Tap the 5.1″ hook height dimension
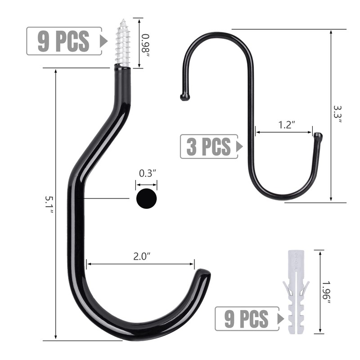[x=49, y=205]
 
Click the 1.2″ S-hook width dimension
[x=286, y=125]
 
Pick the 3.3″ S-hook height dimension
[x=337, y=114]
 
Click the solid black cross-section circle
[x=147, y=198]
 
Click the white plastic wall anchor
[x=296, y=292]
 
